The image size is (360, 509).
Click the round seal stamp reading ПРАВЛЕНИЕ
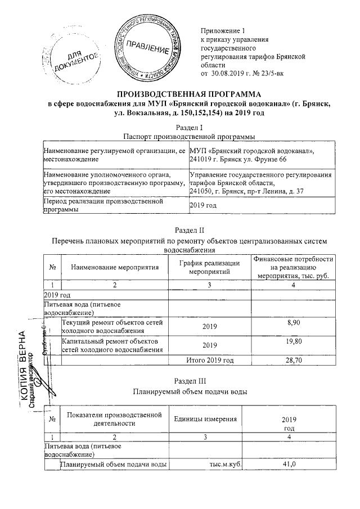pos(148,46)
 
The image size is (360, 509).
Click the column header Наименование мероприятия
pos(115,267)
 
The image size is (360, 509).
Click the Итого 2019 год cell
pos(205,360)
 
